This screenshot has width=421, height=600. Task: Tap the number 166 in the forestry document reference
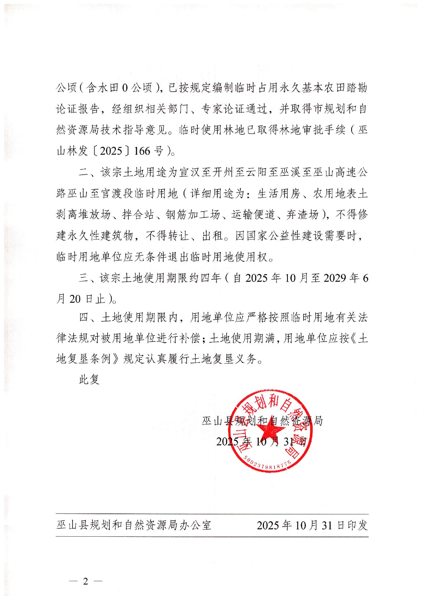pos(142,151)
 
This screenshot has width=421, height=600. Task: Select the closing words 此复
pos(89,379)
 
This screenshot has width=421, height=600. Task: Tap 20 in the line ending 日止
pos(75,299)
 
